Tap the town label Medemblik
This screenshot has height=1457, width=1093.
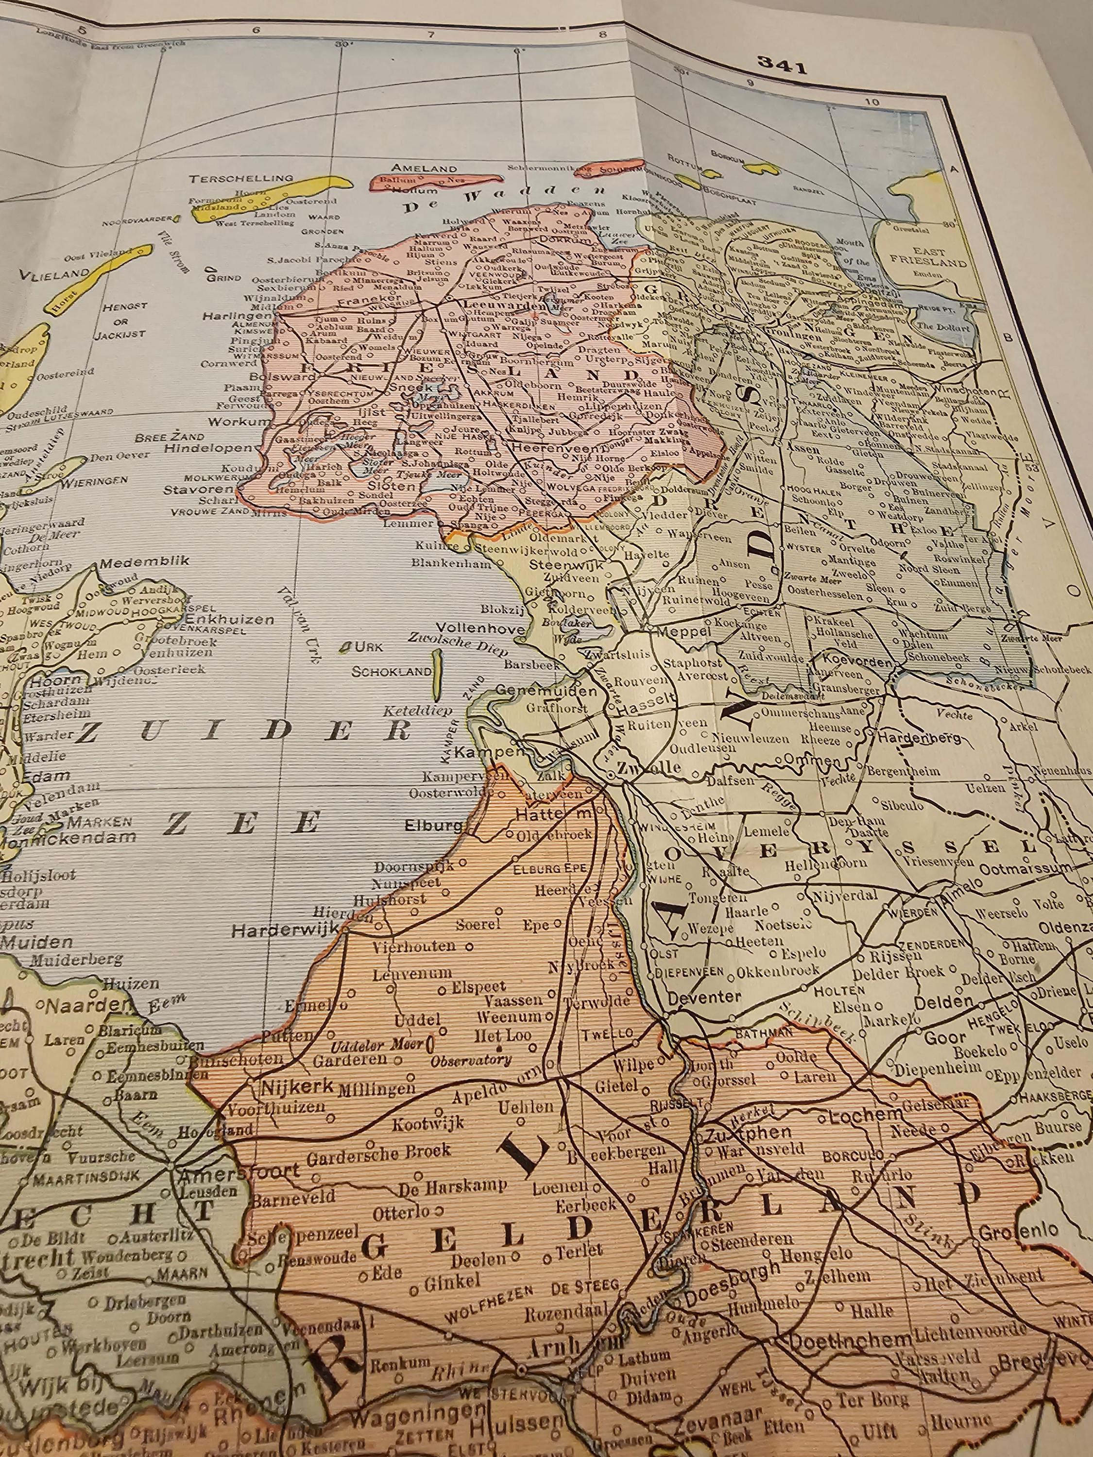144,561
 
